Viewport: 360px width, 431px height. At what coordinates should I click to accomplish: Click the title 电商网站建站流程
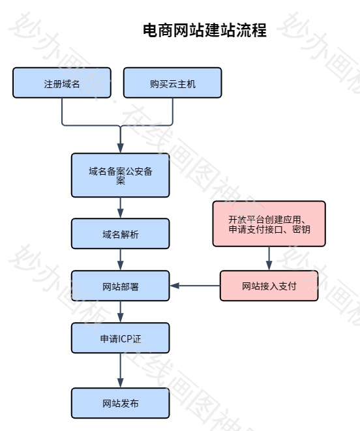[x=205, y=30]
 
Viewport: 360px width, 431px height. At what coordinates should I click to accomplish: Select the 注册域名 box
[x=62, y=83]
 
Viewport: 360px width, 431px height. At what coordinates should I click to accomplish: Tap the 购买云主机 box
[x=173, y=83]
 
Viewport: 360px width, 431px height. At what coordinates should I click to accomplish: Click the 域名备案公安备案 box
[x=121, y=175]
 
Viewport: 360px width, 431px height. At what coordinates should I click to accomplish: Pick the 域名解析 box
[x=121, y=234]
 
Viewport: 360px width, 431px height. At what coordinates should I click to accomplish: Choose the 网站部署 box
[x=121, y=286]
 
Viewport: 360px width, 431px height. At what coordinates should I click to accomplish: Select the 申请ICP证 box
[x=121, y=338]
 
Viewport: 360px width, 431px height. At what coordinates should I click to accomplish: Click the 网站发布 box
[x=121, y=404]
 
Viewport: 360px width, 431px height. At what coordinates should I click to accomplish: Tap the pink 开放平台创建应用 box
[x=269, y=224]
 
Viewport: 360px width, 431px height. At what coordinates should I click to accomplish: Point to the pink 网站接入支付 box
[x=269, y=286]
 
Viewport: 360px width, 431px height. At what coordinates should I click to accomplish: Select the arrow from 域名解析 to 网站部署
[x=121, y=260]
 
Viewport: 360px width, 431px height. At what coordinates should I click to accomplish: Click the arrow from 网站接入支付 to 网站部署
[x=196, y=286]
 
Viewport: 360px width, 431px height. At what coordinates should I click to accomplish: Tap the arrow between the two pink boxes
[x=269, y=258]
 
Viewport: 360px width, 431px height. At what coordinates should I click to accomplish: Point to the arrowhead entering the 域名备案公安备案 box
[x=121, y=148]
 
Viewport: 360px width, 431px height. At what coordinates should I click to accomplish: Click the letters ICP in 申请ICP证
[x=125, y=338]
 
